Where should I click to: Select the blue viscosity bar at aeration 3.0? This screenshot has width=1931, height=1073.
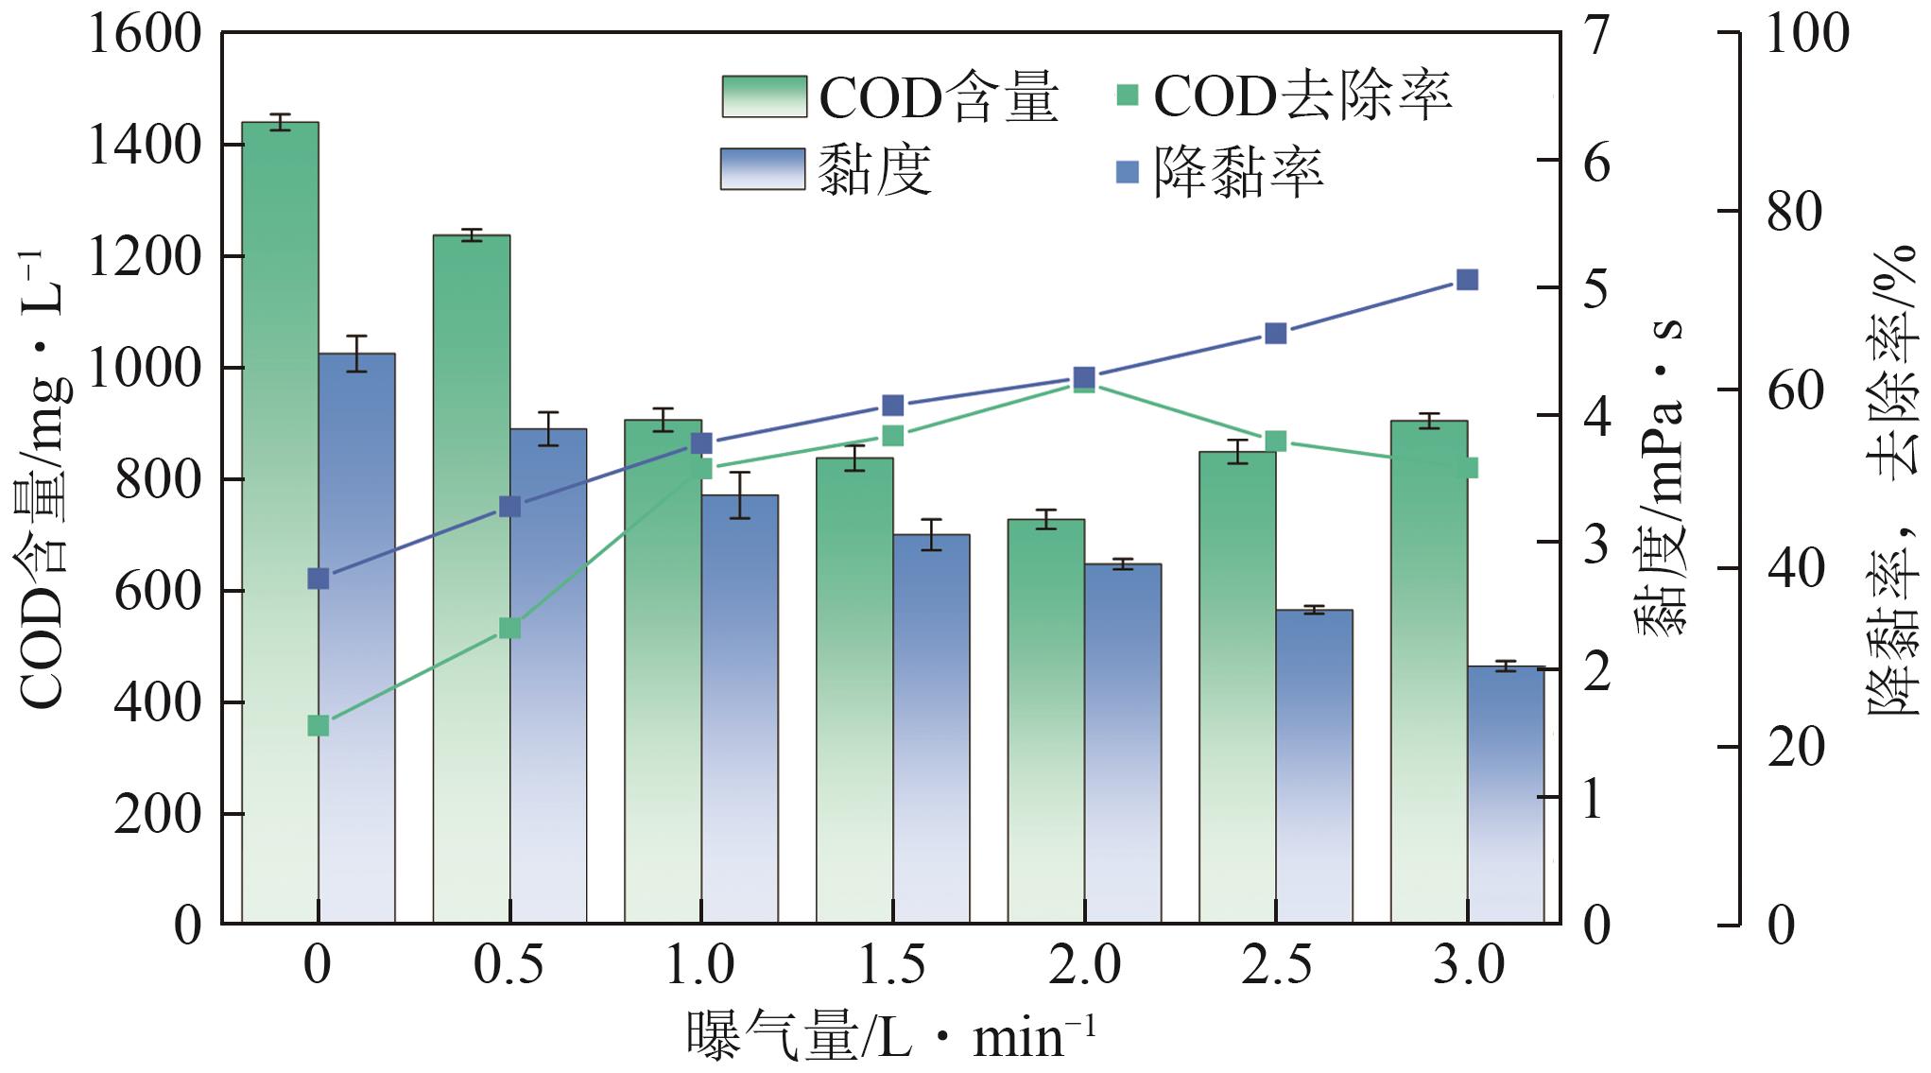1506,794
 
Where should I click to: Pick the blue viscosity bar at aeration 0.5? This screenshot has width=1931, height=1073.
548,675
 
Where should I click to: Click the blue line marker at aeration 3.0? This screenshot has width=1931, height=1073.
1467,280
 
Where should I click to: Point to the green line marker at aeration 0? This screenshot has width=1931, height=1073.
319,726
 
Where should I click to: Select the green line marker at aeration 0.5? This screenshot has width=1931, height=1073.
509,629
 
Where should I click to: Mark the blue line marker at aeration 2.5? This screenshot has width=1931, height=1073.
1276,334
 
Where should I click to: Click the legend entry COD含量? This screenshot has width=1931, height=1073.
888,96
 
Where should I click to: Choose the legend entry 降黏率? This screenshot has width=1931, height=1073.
1219,172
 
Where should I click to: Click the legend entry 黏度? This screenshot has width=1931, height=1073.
827,170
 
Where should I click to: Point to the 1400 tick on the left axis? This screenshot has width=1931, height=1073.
144,146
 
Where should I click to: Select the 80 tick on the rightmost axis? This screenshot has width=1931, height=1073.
1794,212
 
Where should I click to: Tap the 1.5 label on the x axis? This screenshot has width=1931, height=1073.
892,966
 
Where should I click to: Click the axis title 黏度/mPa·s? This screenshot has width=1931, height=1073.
1660,477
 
